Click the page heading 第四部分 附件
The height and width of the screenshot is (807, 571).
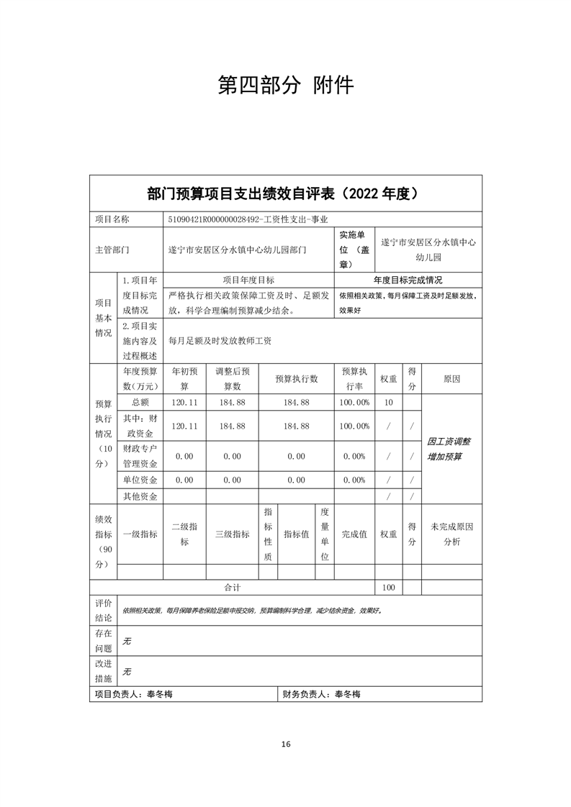pos(285,85)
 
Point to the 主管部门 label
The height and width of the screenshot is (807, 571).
pos(112,250)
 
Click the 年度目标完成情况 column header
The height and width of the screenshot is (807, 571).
pos(408,280)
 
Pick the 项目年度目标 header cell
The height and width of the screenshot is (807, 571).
pos(248,280)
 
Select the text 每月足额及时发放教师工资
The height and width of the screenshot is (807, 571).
pos(220,342)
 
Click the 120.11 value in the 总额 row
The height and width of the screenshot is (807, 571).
pos(185,402)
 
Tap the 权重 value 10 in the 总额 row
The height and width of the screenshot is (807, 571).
pos(388,402)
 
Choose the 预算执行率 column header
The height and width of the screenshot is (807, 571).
pos(355,378)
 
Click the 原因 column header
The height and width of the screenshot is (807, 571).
pos(451,378)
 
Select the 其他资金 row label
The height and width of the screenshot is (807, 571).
pos(140,496)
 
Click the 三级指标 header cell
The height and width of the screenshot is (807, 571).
pos(232,534)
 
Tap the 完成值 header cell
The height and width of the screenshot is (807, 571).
pos(354,534)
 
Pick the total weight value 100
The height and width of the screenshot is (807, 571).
pos(389,588)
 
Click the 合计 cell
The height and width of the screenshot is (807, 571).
pos(231,588)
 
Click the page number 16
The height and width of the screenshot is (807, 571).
pos(286,744)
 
